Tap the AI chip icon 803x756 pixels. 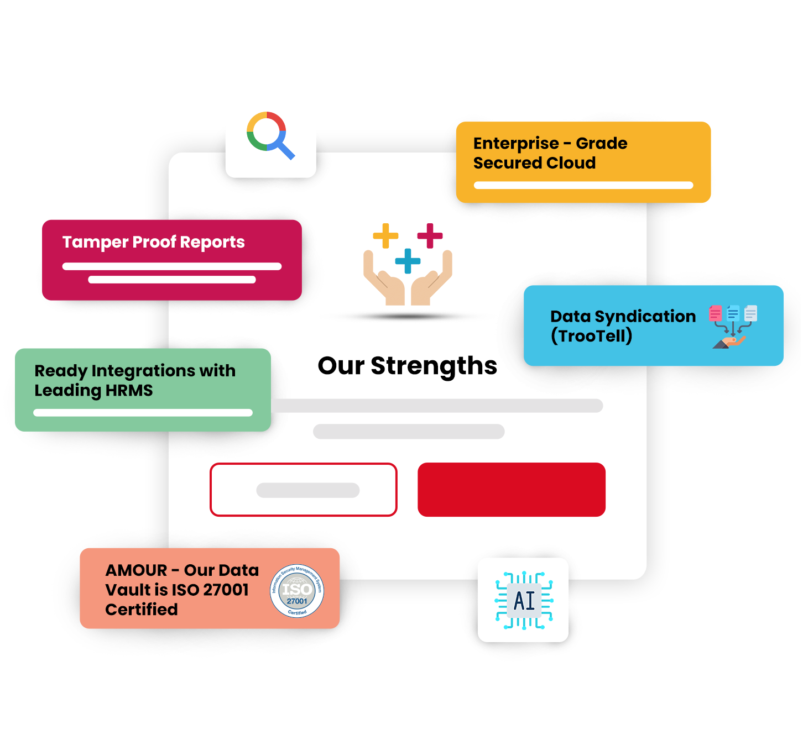pyautogui.click(x=524, y=601)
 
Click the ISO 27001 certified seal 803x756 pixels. pyautogui.click(x=297, y=590)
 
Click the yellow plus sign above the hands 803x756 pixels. pyautogui.click(x=385, y=235)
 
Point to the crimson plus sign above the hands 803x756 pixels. pyautogui.click(x=430, y=235)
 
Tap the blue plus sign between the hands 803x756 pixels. pyautogui.click(x=408, y=261)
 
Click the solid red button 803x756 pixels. pyautogui.click(x=512, y=490)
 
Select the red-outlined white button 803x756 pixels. pyautogui.click(x=304, y=490)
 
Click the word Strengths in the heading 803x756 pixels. pyautogui.click(x=434, y=366)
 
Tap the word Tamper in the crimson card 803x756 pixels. pyautogui.click(x=96, y=243)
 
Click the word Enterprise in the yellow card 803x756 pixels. pyautogui.click(x=517, y=144)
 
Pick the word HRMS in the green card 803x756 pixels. pyautogui.click(x=129, y=391)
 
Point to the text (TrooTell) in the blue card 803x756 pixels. pyautogui.click(x=592, y=336)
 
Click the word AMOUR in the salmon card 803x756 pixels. pyautogui.click(x=136, y=570)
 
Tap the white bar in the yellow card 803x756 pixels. pyautogui.click(x=583, y=186)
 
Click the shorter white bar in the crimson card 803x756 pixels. pyautogui.click(x=172, y=280)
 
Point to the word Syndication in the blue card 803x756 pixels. pyautogui.click(x=645, y=317)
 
